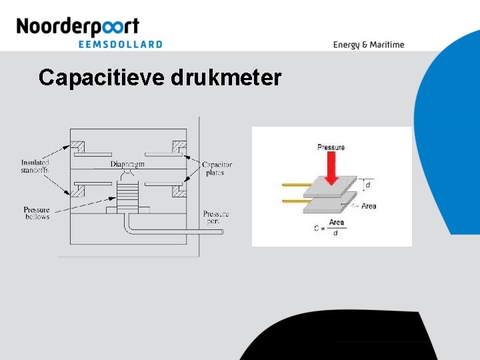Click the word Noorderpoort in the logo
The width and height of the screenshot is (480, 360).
[77, 27]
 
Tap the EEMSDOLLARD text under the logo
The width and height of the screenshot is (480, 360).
[121, 44]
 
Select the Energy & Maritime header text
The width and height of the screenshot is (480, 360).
[369, 45]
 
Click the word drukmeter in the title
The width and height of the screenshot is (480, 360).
[227, 78]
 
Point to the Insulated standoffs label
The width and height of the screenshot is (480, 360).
[35, 166]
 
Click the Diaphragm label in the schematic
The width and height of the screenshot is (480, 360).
[127, 164]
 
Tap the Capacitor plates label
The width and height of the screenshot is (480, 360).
[217, 168]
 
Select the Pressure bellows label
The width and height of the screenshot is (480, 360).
[37, 213]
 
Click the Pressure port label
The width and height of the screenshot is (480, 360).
[216, 217]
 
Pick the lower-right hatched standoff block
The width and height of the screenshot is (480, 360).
[179, 192]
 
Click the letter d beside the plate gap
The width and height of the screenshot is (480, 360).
[367, 184]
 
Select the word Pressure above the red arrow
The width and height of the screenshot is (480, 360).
[331, 147]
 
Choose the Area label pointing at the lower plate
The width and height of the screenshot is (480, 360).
[369, 206]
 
